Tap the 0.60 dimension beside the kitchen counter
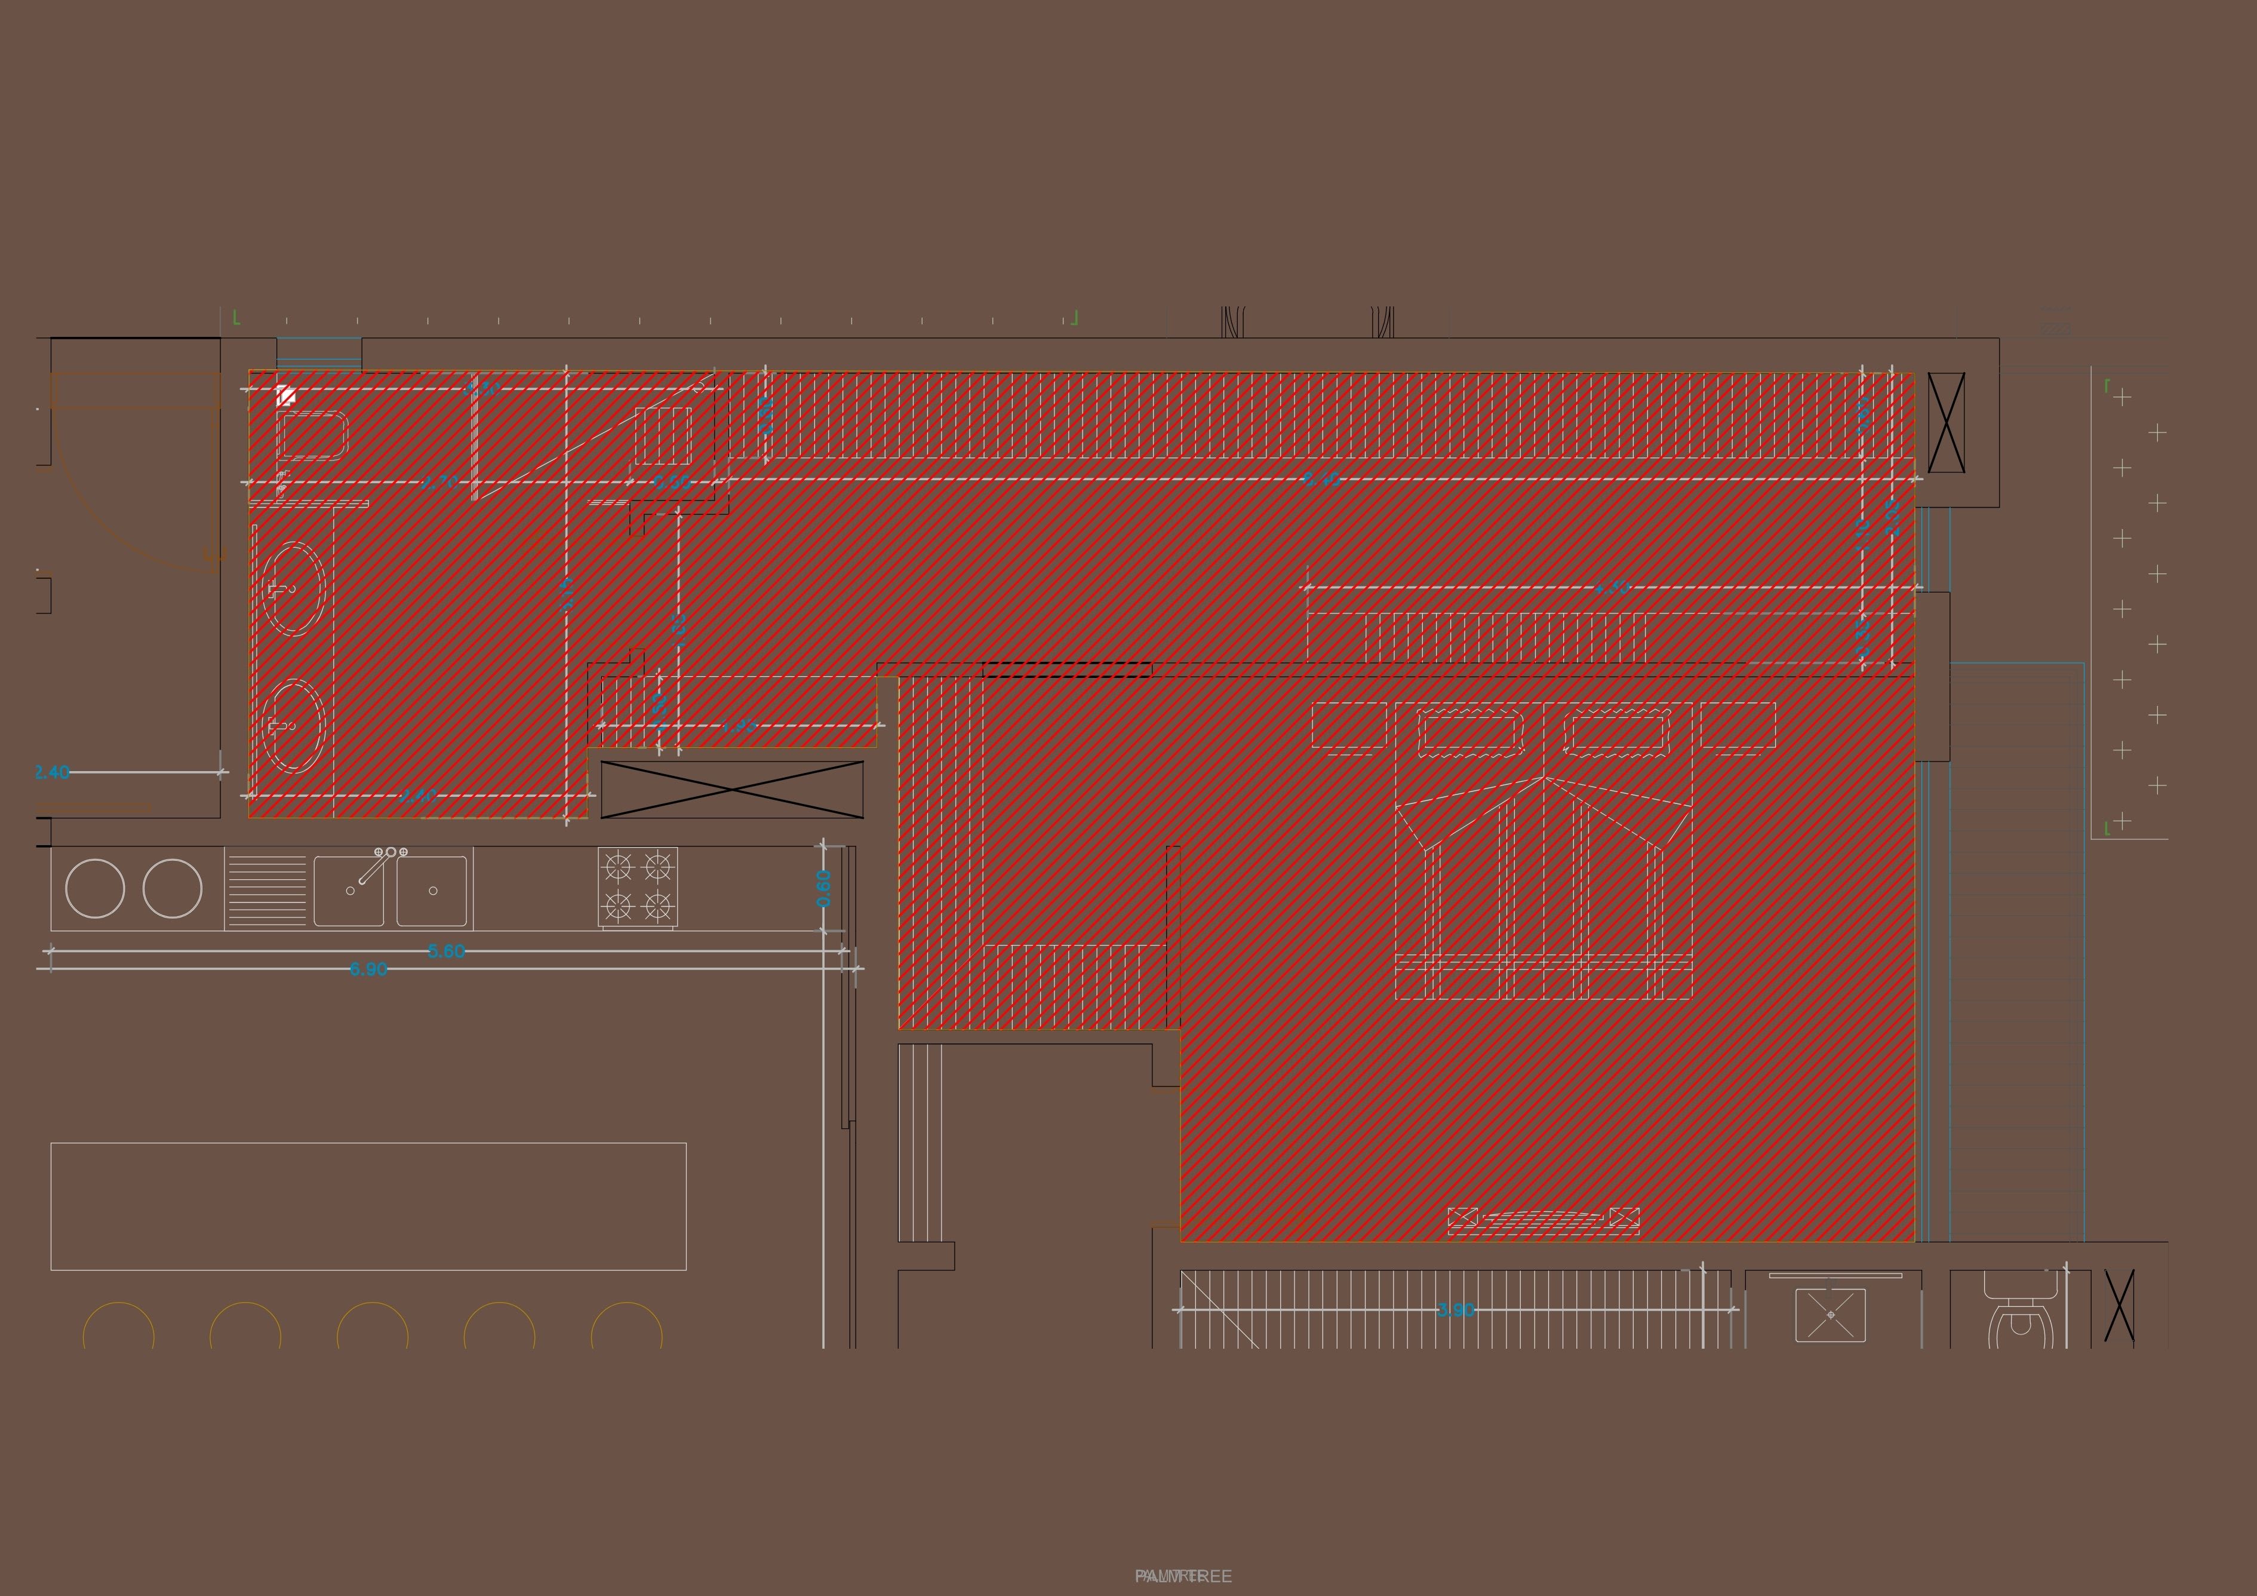point(824,888)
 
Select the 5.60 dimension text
point(446,951)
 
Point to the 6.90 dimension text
point(368,969)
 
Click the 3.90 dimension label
point(1456,1310)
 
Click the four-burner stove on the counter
point(637,888)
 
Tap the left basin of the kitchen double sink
point(349,891)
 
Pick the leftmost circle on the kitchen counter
point(96,888)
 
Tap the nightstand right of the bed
point(1737,726)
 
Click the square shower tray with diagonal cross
point(1830,1315)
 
